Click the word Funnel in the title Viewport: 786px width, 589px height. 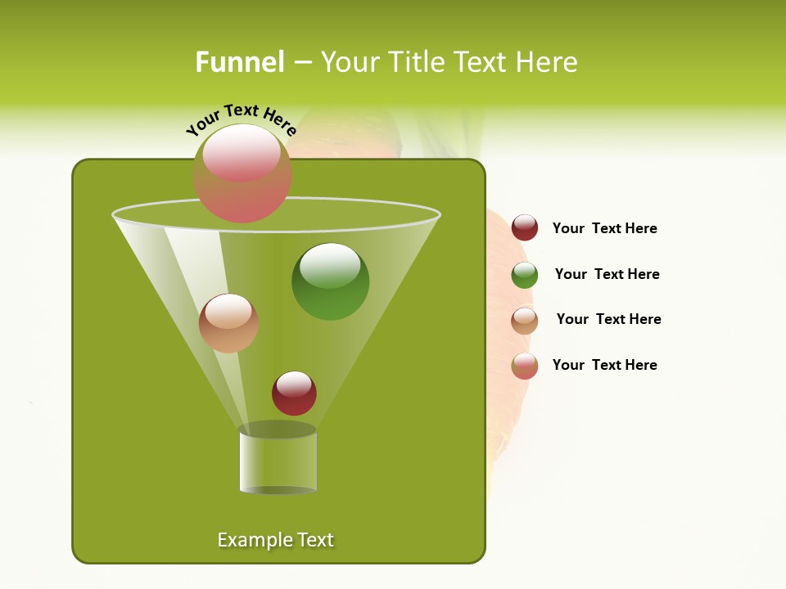(x=239, y=62)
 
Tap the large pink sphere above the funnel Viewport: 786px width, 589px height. (x=242, y=173)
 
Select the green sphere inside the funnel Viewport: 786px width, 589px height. (x=330, y=281)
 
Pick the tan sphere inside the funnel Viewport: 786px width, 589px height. (x=228, y=323)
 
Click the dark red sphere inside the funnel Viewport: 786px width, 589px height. (x=294, y=393)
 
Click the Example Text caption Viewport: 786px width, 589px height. (x=276, y=540)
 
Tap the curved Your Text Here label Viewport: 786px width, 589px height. (x=241, y=119)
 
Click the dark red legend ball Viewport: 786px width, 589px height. (x=525, y=227)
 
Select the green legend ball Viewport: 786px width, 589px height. (x=525, y=275)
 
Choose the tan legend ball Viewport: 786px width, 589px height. (x=525, y=321)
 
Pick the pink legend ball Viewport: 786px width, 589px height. (x=525, y=366)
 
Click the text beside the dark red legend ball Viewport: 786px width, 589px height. (x=604, y=228)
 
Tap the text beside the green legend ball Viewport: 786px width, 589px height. (x=607, y=274)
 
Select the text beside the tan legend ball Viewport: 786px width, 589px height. (x=608, y=319)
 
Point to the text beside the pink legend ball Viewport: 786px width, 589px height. (x=604, y=365)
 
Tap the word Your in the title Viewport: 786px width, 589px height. (x=349, y=62)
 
